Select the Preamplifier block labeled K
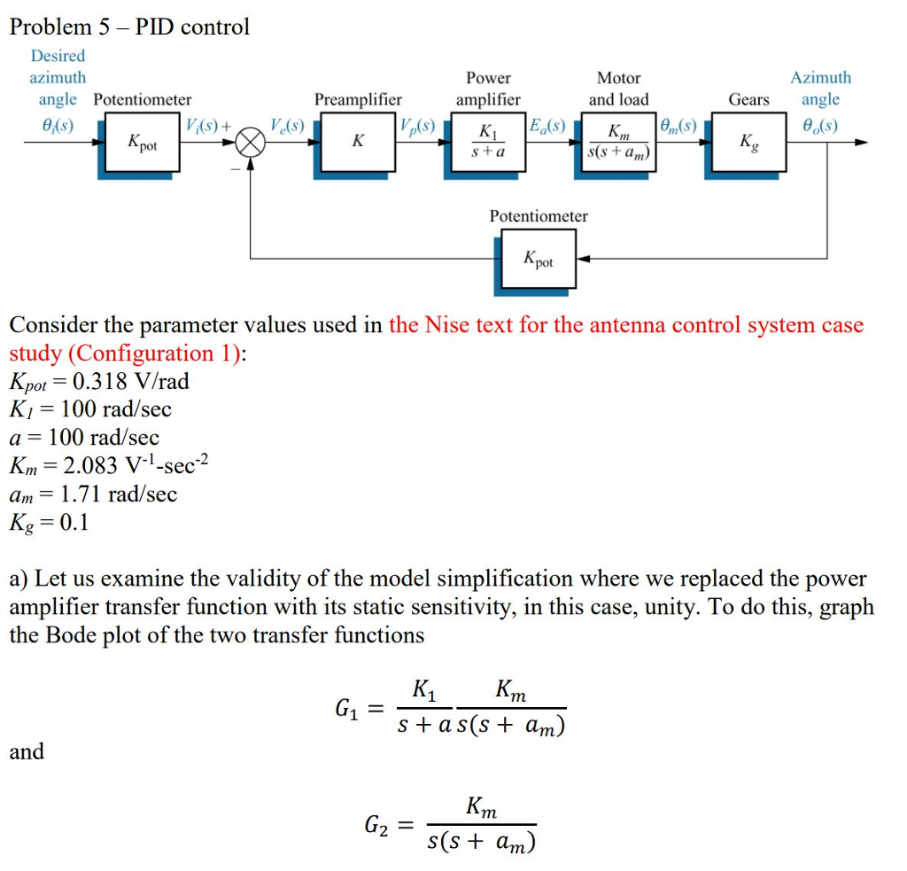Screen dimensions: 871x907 pos(357,142)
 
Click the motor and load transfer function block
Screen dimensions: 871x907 pos(619,142)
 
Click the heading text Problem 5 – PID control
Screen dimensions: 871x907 pos(129,27)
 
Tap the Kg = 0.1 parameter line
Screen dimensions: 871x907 pos(50,522)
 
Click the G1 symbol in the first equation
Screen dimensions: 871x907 pos(347,709)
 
